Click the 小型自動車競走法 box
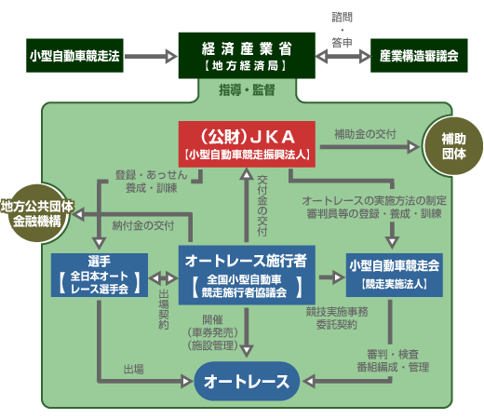(x=74, y=57)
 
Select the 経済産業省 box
(x=243, y=55)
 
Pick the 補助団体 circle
(x=451, y=145)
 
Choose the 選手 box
(x=97, y=274)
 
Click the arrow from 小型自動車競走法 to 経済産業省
(x=148, y=57)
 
